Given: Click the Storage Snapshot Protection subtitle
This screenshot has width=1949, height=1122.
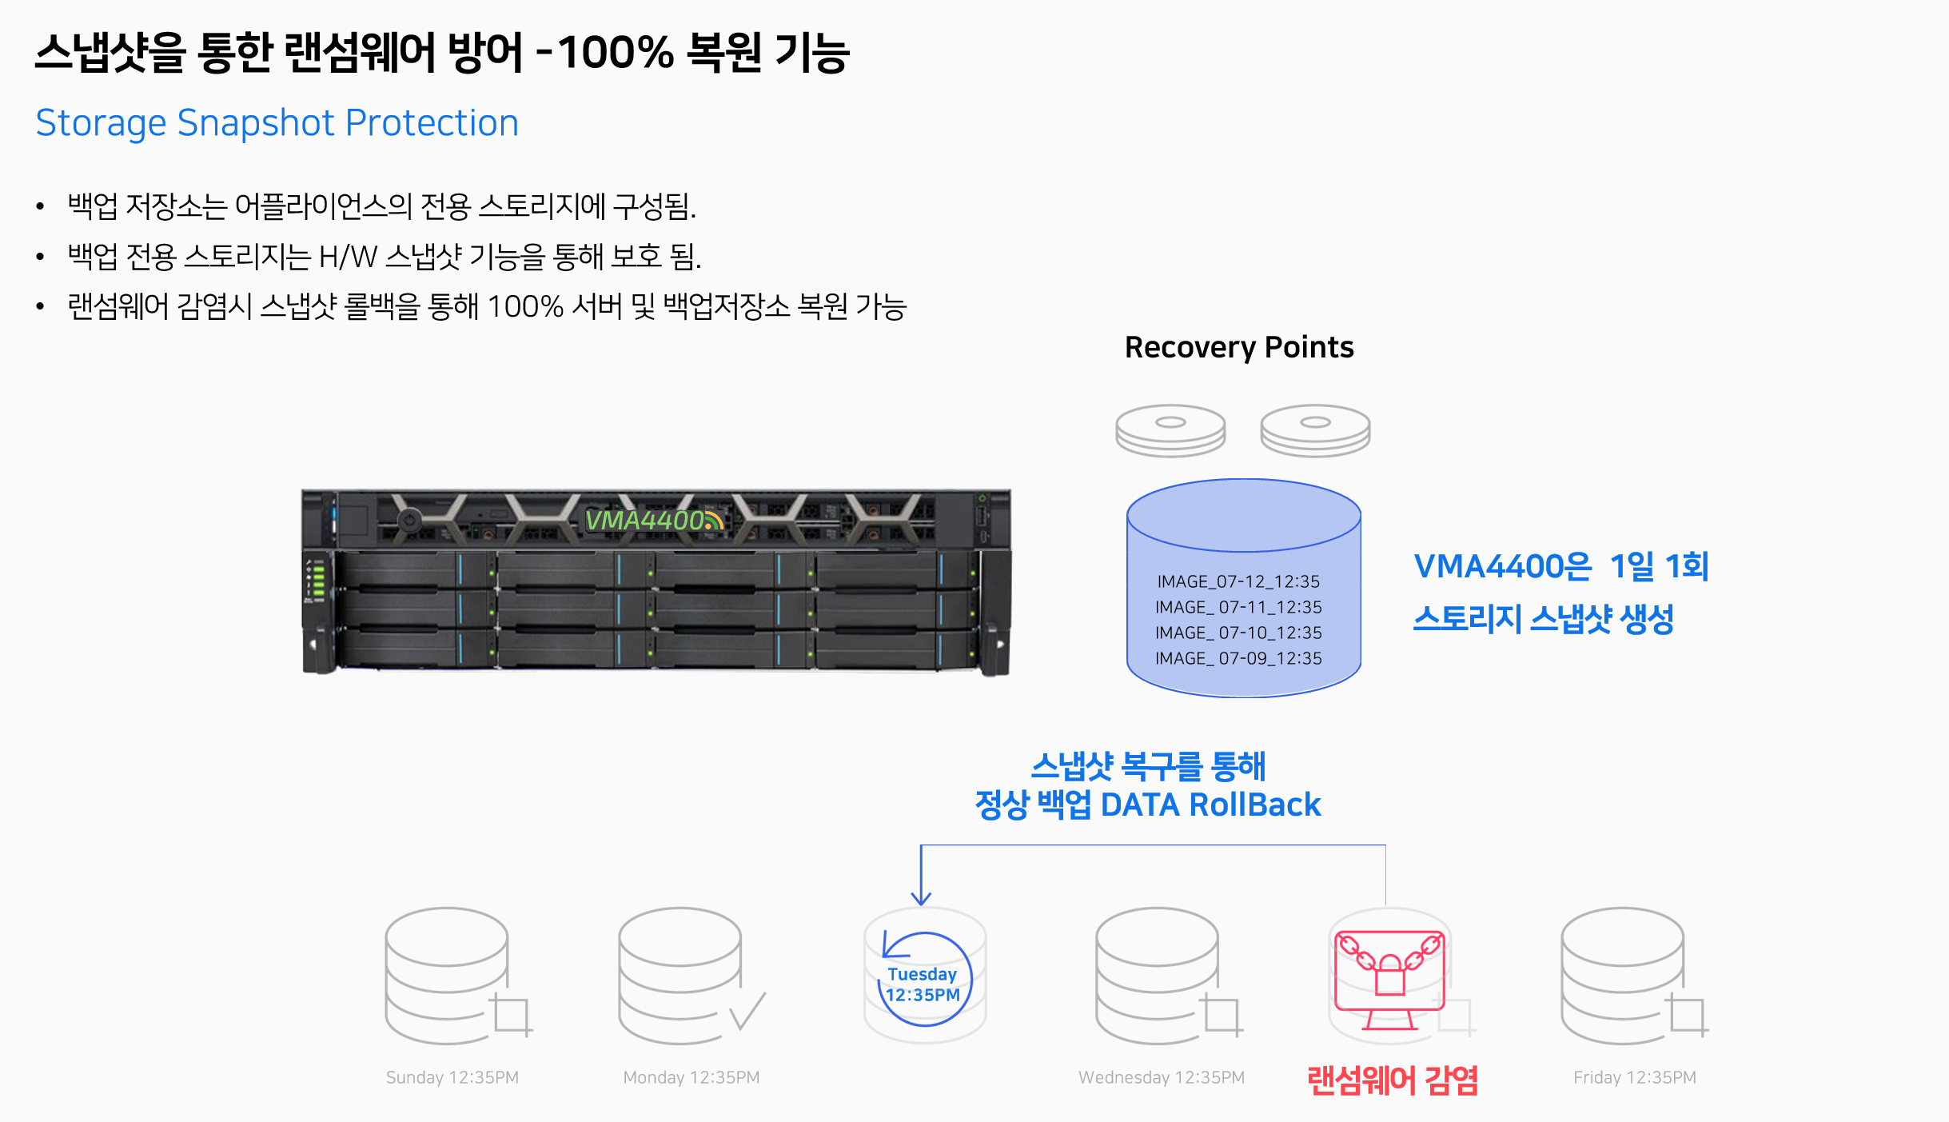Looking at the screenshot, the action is [x=277, y=123].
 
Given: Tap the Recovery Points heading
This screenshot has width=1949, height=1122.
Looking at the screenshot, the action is [x=1239, y=348].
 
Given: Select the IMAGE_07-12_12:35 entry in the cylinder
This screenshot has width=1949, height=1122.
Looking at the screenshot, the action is [x=1238, y=581].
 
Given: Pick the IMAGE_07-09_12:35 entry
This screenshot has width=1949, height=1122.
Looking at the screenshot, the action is [x=1238, y=658].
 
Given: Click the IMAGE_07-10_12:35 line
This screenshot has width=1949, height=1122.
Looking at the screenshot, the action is [x=1238, y=633].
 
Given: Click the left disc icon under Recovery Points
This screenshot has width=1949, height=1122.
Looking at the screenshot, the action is [x=1170, y=430].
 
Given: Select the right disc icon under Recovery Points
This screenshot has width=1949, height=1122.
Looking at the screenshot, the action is [x=1315, y=430].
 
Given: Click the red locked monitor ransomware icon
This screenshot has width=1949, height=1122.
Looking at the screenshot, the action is [x=1390, y=979].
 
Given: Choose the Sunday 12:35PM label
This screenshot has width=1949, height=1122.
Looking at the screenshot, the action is [x=452, y=1077].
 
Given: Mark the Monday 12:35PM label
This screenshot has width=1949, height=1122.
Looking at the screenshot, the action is [x=692, y=1077].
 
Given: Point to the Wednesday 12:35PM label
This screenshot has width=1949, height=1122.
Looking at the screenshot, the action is [x=1162, y=1077].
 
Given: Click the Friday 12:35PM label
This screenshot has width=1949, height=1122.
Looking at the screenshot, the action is [x=1635, y=1077].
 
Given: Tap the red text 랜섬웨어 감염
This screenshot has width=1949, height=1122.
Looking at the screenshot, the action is [x=1393, y=1080].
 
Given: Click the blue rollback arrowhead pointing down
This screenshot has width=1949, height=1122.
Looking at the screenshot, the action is [x=921, y=898].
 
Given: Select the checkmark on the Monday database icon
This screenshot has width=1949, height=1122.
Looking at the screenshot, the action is [x=747, y=1011].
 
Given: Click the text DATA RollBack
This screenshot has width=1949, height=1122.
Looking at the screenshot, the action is [x=1210, y=805].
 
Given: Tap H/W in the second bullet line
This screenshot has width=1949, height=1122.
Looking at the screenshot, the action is [x=348, y=257].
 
